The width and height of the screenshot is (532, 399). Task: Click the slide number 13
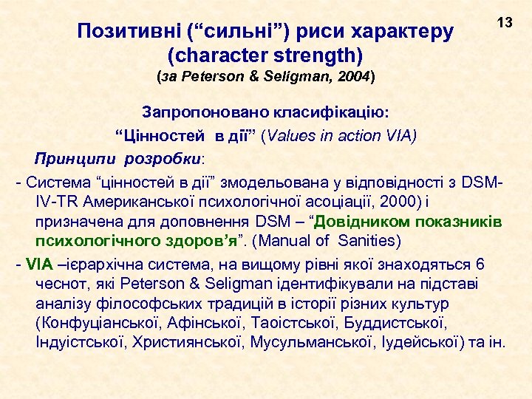pyautogui.click(x=505, y=24)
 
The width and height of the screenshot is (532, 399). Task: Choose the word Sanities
pyautogui.click(x=366, y=241)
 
